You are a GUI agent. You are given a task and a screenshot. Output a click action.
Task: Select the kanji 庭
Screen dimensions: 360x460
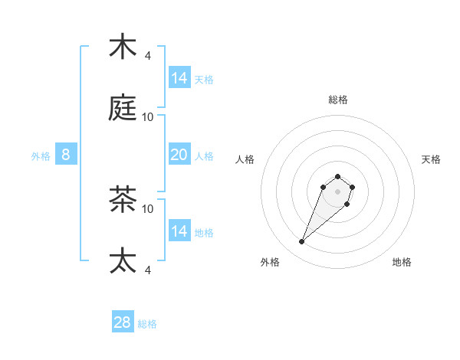click(123, 108)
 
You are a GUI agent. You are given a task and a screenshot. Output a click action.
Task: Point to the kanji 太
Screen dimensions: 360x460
click(123, 260)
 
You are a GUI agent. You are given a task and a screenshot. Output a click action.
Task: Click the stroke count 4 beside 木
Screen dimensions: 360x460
click(148, 56)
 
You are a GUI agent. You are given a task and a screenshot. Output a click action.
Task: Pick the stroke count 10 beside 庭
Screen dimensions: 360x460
click(148, 117)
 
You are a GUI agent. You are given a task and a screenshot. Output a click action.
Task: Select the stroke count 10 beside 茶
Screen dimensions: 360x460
click(148, 208)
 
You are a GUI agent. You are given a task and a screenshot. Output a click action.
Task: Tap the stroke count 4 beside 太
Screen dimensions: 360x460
click(148, 270)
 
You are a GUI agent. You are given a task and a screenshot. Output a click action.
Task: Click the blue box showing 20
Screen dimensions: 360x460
click(179, 155)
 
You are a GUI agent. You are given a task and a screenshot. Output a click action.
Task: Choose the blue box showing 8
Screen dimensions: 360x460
click(66, 155)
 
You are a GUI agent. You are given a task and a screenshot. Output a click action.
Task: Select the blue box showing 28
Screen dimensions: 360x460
click(123, 322)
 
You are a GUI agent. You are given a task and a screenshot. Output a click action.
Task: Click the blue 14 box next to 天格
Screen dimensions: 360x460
click(179, 78)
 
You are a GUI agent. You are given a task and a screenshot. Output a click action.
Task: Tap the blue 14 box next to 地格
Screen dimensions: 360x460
click(179, 231)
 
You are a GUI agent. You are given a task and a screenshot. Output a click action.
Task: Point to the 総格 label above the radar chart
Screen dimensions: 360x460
click(338, 100)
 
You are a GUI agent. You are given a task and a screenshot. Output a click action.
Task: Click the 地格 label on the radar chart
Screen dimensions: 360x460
click(402, 262)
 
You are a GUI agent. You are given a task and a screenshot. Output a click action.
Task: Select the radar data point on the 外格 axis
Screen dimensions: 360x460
click(302, 242)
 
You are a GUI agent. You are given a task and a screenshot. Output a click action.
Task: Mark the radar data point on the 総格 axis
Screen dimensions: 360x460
click(338, 175)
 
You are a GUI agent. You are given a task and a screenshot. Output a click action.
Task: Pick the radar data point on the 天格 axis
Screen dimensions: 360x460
click(353, 186)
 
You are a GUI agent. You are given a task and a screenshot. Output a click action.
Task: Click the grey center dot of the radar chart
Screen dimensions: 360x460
click(338, 191)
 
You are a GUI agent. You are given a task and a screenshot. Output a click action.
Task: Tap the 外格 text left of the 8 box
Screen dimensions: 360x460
click(41, 156)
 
